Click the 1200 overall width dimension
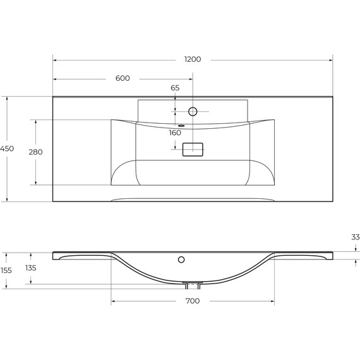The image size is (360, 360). (x=193, y=59)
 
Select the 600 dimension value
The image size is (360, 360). (x=123, y=78)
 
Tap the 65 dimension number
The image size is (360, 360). (x=175, y=88)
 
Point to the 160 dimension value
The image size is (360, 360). (x=175, y=133)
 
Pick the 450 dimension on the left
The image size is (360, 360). (x=7, y=148)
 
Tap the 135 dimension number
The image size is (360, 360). (x=31, y=268)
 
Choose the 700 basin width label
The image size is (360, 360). (x=193, y=301)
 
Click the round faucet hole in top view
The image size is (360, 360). (x=193, y=112)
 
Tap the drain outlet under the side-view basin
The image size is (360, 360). (x=192, y=284)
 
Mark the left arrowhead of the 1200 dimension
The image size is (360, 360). (x=54, y=60)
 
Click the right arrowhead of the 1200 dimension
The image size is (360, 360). (x=330, y=60)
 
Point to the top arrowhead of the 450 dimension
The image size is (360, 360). (x=7, y=99)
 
